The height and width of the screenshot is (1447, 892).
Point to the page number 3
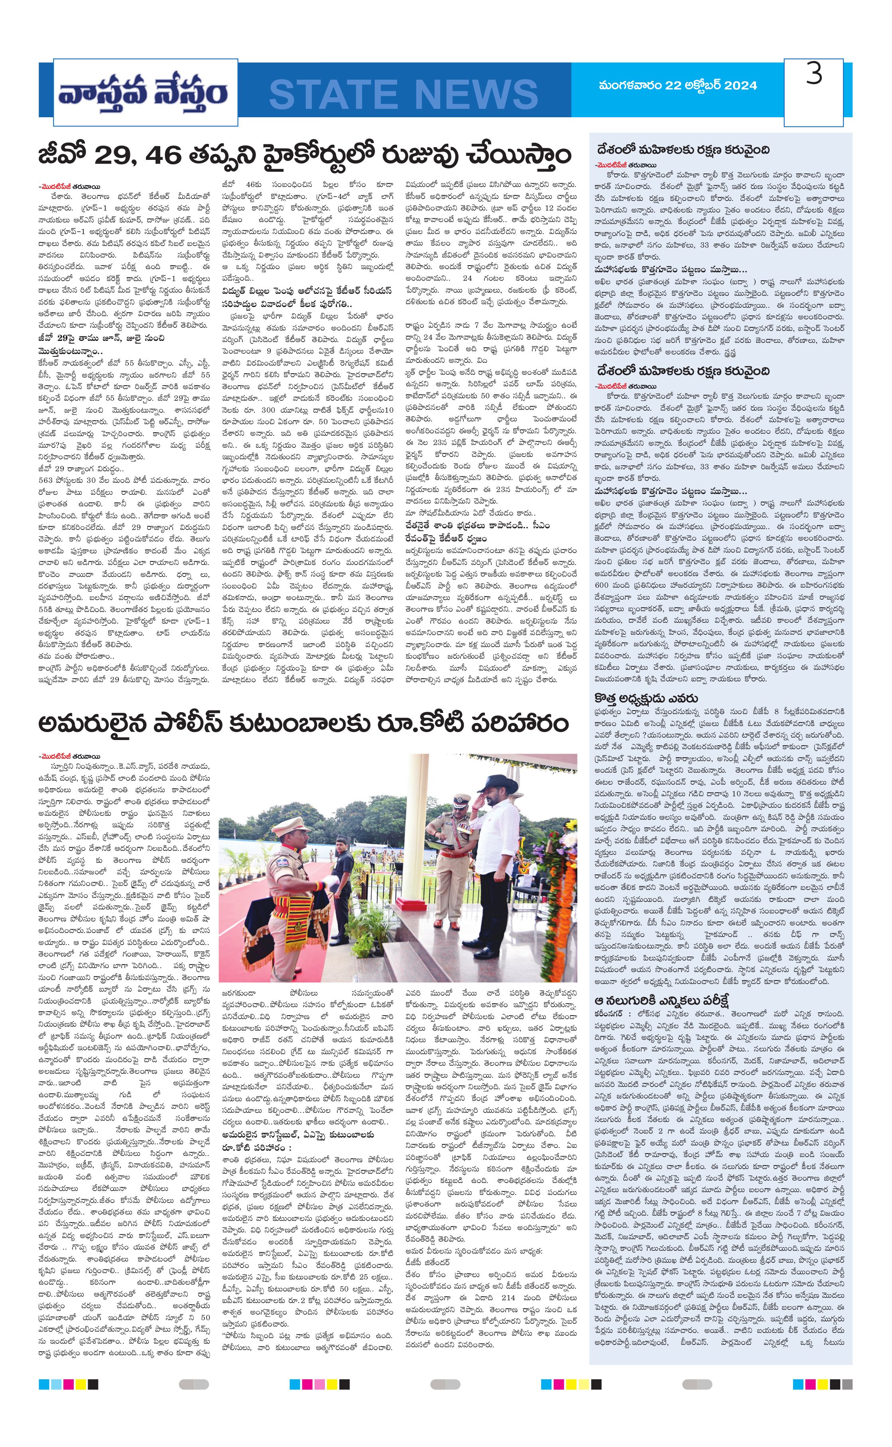[814, 75]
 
